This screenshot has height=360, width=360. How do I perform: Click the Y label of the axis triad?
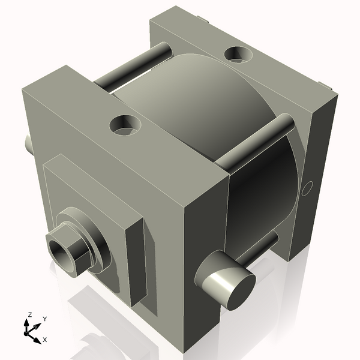[44, 319]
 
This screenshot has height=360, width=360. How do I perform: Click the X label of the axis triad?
[44, 340]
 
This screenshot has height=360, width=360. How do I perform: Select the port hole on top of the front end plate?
[125, 125]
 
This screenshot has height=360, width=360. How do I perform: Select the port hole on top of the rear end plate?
[238, 55]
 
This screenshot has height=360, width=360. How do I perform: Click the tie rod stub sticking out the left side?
[28, 143]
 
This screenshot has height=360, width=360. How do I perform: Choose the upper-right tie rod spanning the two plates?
[255, 142]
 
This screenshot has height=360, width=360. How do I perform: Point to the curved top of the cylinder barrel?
[198, 102]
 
